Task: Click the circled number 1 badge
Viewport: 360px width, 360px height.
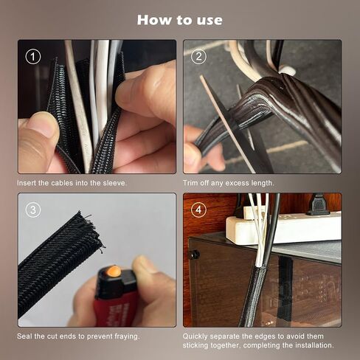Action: (x=33, y=57)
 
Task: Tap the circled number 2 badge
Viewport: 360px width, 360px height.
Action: (x=198, y=57)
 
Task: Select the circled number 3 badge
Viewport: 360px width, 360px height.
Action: (x=33, y=210)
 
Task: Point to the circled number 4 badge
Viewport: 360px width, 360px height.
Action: (x=198, y=210)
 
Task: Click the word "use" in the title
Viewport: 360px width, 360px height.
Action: (x=210, y=21)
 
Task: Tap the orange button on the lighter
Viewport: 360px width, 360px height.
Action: (x=114, y=271)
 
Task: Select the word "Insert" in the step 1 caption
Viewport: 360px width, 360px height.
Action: (x=27, y=183)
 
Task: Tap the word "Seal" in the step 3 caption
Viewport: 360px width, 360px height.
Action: (x=24, y=336)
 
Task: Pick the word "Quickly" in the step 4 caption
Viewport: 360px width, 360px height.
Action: (x=195, y=336)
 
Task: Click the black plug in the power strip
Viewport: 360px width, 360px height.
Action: (x=317, y=204)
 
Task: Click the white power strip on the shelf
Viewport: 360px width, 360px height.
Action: (x=283, y=227)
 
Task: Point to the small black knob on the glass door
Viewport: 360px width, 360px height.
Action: (x=194, y=255)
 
